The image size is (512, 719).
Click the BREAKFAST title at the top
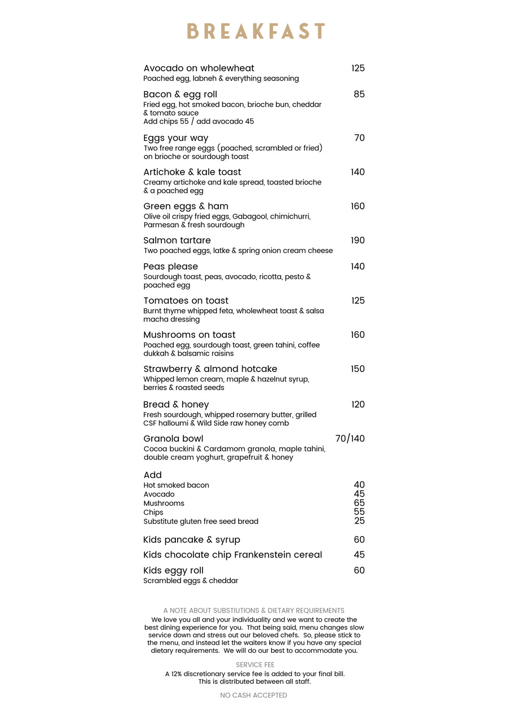[x=256, y=31]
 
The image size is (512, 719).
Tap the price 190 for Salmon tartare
[x=358, y=241]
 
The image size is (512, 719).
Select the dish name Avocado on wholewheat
[x=199, y=69]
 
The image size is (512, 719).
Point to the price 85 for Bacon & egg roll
[x=359, y=95]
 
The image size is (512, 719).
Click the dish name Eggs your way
[x=176, y=138]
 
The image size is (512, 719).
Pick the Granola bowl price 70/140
[x=350, y=439]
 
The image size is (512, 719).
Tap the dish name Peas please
[x=170, y=267]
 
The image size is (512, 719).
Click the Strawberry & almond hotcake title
[x=210, y=369]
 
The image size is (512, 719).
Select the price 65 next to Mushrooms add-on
[x=359, y=503]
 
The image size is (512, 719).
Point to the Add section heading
[x=153, y=475]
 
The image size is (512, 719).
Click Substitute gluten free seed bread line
[x=201, y=521]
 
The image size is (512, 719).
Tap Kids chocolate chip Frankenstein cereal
[x=233, y=555]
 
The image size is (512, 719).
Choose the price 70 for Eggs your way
[x=359, y=138]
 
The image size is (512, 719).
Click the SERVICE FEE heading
[x=255, y=665]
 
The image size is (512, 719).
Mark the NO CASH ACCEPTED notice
[x=253, y=695]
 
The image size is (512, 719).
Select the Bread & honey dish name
[x=176, y=405]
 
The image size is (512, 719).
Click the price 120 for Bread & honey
[x=358, y=405]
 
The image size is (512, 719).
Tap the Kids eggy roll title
[x=173, y=571]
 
